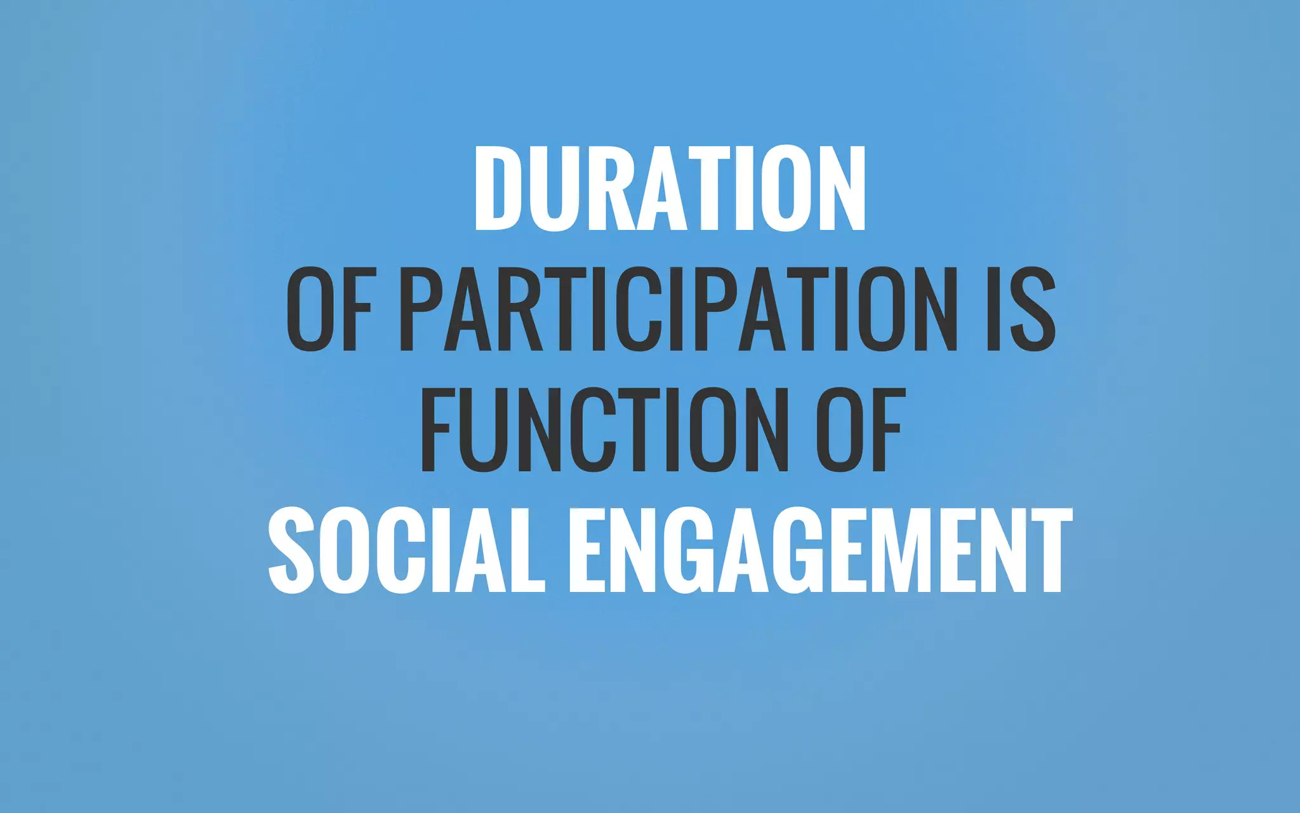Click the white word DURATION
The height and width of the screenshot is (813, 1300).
click(670, 188)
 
